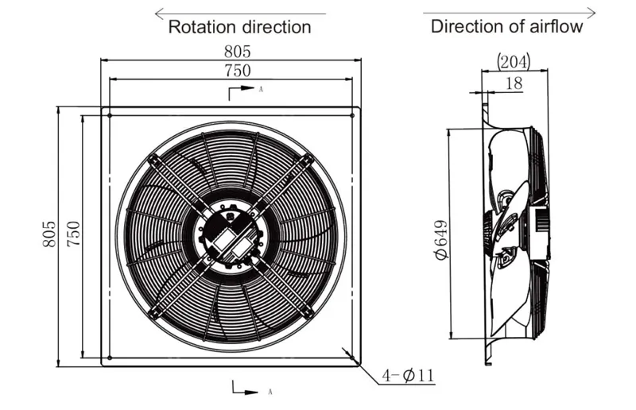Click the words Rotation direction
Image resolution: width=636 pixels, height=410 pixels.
point(239,27)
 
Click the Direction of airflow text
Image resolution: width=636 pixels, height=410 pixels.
point(506,27)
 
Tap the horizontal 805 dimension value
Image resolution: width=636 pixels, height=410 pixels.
point(238,52)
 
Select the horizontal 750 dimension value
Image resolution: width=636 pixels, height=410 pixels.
point(238,71)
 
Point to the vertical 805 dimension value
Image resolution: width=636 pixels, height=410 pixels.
point(49,234)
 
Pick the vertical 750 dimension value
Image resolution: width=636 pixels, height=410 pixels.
point(73,234)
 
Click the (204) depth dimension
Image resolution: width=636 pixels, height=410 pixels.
point(514,62)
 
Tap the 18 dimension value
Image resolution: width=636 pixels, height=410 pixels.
point(514,83)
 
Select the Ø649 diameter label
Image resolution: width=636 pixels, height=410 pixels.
point(440,240)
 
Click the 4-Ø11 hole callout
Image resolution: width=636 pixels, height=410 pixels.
point(408,375)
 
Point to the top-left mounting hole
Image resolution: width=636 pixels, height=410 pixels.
point(110,115)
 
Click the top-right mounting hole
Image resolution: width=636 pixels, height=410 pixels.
point(352,115)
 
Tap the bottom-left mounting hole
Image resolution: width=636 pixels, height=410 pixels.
point(110,358)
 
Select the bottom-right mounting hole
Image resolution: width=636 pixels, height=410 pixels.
point(352,358)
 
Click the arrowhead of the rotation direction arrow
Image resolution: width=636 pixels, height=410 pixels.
point(159,14)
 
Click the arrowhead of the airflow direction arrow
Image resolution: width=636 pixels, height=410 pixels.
point(591,13)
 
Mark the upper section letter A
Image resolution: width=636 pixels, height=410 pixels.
point(261,89)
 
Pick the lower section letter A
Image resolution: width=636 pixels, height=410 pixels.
point(270,393)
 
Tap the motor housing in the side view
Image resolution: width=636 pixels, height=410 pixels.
point(540,233)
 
